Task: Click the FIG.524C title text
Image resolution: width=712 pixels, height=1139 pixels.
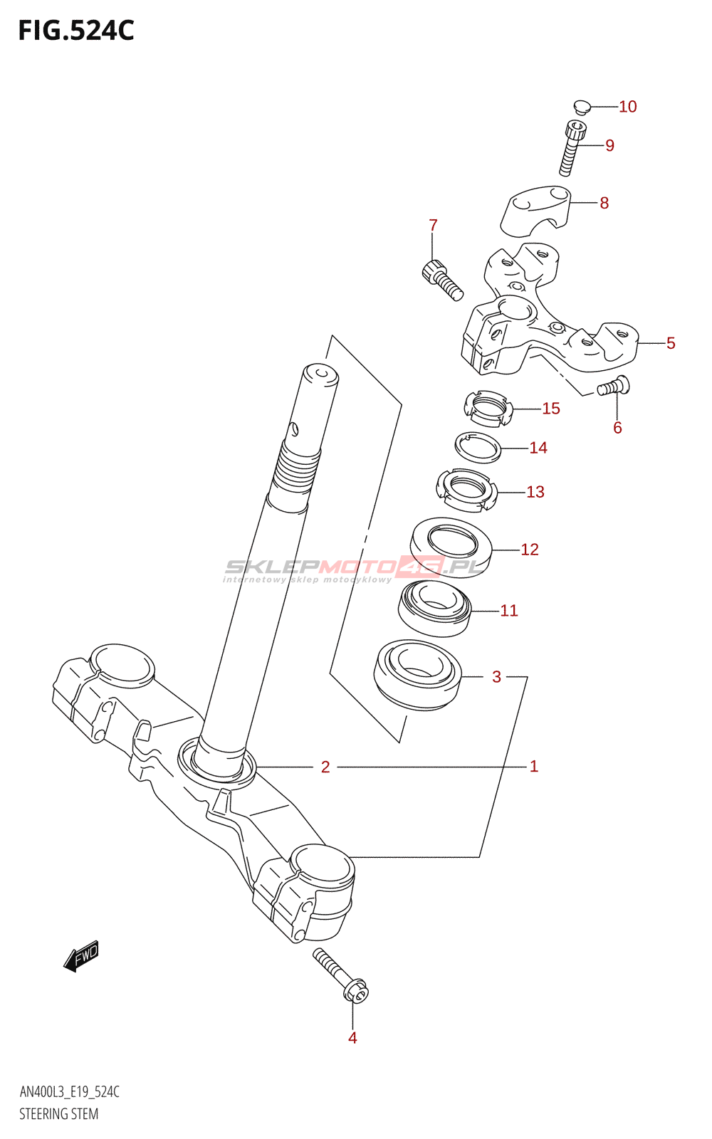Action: pos(76,31)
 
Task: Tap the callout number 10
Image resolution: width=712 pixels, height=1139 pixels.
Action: pos(627,107)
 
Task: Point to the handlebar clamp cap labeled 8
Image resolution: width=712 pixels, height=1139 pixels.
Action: pos(536,208)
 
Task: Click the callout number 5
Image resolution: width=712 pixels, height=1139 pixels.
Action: pos(671,343)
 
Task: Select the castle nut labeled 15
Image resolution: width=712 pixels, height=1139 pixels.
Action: pos(488,409)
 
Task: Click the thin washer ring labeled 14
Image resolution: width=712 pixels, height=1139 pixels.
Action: pos(478,448)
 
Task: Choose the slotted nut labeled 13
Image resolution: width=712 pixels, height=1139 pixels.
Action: pos(465,490)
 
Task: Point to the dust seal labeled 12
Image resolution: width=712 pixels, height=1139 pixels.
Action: pos(451,546)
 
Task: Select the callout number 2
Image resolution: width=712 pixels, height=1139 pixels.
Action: pos(325,767)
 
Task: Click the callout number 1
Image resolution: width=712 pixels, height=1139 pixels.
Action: pos(533,767)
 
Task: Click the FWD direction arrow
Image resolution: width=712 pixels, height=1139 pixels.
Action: pos(81,955)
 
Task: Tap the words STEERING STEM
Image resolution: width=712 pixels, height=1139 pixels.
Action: pos(58,1114)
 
